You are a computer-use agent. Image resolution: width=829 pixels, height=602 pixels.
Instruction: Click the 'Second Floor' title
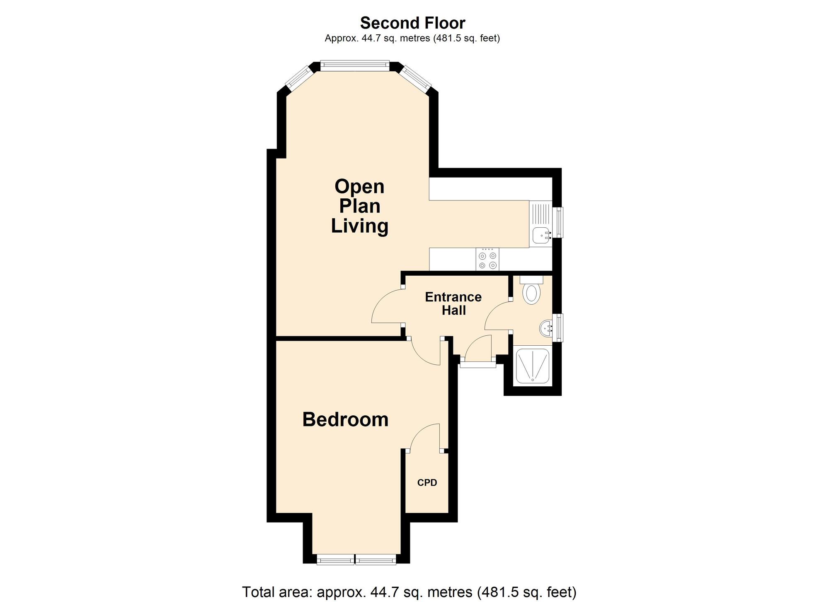412,22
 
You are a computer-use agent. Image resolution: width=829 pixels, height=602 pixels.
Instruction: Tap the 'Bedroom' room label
345,419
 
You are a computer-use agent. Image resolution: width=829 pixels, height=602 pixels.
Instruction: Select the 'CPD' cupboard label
427,482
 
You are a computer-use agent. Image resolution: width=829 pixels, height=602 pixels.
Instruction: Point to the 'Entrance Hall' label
453,303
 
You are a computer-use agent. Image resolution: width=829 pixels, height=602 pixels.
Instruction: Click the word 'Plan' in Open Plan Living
359,206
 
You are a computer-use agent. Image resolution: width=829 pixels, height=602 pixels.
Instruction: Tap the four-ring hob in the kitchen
487,259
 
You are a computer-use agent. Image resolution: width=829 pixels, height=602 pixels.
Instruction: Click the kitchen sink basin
541,235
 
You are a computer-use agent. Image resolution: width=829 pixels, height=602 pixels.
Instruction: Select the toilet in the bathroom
531,290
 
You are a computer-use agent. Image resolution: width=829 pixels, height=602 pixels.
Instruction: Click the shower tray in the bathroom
533,366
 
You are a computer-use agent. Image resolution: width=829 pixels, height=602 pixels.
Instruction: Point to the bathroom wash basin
546,328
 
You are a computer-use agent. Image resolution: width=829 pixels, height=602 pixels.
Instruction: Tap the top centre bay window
355,65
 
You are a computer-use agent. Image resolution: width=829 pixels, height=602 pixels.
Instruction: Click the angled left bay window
299,79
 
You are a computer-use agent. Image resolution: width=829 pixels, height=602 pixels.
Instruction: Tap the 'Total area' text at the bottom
409,592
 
